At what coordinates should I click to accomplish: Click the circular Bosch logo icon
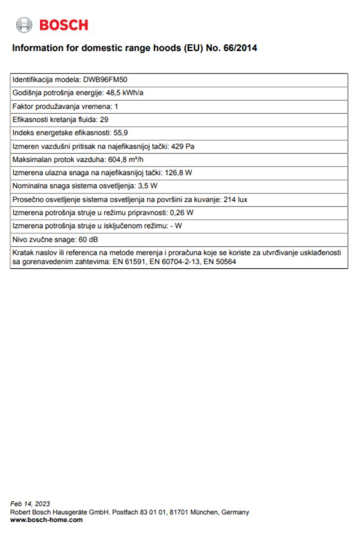pos(24,25)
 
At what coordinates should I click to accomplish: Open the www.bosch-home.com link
pos(47,519)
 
